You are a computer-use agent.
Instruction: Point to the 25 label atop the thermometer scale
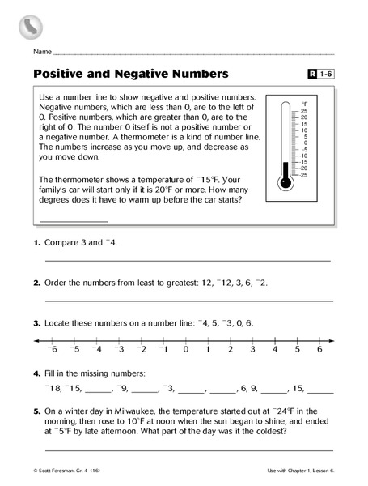[303, 110]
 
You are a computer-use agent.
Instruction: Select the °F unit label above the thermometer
[304, 104]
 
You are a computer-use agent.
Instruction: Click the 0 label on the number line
[185, 349]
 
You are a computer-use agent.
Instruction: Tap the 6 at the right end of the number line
[319, 349]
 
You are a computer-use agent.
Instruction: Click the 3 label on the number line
[252, 349]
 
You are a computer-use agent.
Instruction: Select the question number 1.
[37, 242]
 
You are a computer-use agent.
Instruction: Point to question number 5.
[37, 411]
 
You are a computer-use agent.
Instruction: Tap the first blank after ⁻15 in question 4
[97, 390]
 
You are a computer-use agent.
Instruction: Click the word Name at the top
[42, 51]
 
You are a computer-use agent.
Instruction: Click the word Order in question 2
[59, 283]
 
